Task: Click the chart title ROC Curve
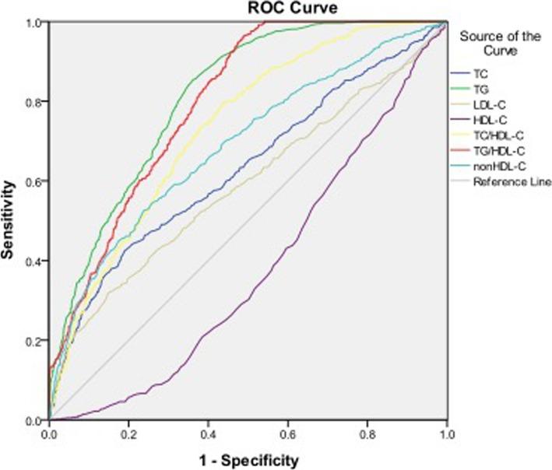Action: tap(248, 9)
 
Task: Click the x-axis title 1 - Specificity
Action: tap(248, 460)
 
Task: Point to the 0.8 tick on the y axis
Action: tap(36, 102)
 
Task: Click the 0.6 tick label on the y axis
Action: tap(36, 182)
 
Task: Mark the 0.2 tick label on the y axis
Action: tap(36, 341)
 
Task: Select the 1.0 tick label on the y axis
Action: tap(36, 23)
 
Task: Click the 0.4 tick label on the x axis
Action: tap(208, 433)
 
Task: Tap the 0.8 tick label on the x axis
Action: tap(367, 433)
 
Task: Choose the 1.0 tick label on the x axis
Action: tap(446, 433)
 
